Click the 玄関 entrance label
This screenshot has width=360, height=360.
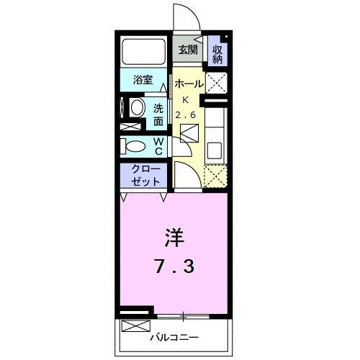[x=187, y=50]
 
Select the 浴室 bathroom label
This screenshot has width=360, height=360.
[x=142, y=80]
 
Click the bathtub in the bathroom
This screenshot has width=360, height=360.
[x=144, y=50]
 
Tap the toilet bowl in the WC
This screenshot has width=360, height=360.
[x=135, y=146]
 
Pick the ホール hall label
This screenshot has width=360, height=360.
[x=189, y=84]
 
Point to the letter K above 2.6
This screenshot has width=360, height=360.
[x=184, y=99]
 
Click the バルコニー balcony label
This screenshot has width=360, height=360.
[x=174, y=336]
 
